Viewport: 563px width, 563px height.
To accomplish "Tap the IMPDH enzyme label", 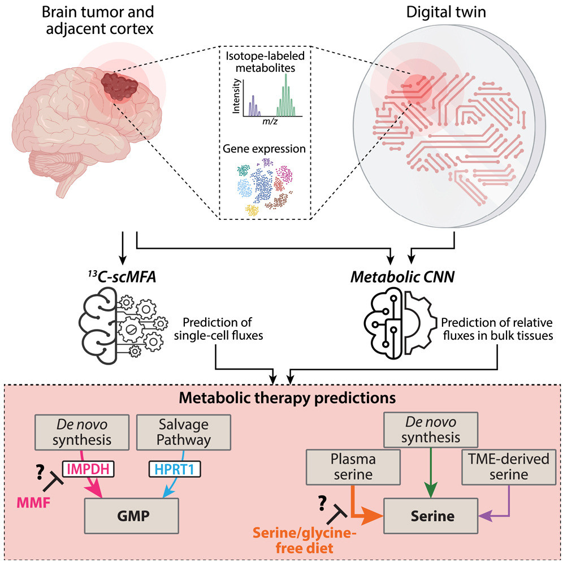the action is coord(88,469).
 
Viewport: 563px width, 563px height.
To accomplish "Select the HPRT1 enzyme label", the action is coord(175,469).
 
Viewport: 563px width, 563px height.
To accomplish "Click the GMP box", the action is coord(132,516).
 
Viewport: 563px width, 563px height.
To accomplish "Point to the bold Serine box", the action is coord(431,516).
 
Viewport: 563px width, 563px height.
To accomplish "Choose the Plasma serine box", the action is coord(353,467).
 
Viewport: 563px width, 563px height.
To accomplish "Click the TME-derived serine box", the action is coord(509,467).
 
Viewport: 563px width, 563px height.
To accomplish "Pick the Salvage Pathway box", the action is coord(184,432).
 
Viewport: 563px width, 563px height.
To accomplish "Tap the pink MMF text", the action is coord(34,503).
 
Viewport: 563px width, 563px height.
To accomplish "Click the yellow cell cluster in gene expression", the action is coord(252,210).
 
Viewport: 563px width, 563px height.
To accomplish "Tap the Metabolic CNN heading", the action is coord(402,277).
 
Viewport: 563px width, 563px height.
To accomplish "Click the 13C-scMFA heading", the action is coord(122,277).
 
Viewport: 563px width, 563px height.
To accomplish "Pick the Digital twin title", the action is coord(446,12).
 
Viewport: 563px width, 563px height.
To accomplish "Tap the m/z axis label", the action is coord(270,122).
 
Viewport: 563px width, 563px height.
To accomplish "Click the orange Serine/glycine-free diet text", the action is coord(305,541).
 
